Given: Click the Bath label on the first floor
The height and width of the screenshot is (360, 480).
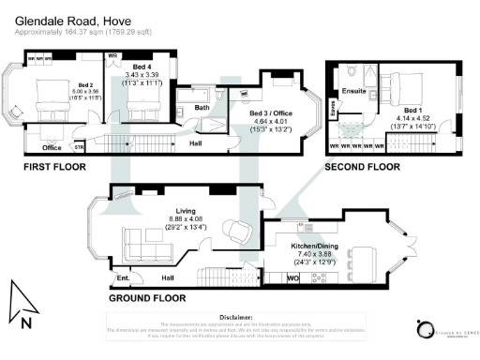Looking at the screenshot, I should point(202,108).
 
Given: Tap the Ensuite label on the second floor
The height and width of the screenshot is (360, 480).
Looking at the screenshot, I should point(352,92).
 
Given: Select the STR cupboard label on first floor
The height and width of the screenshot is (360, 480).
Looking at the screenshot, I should point(79,147).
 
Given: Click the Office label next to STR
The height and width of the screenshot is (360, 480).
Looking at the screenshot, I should point(52,147).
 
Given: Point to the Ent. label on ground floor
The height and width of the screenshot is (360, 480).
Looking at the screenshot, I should point(123,277).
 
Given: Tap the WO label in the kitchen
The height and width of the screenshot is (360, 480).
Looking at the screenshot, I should point(292,278).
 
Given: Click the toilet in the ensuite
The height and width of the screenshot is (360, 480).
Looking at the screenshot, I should point(349,72).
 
